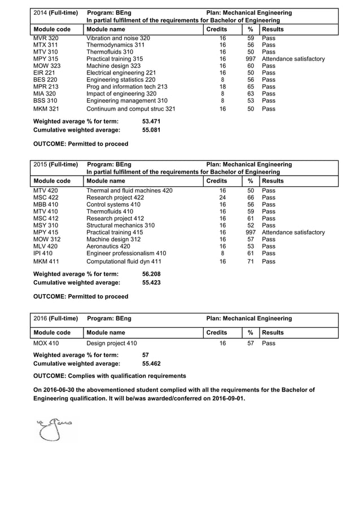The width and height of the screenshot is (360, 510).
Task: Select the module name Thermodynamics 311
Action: coord(115,45)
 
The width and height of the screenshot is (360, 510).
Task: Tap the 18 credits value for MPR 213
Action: coord(222,86)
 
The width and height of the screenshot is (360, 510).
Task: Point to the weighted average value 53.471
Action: coord(151,121)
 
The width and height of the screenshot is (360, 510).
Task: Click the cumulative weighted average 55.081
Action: coord(151,130)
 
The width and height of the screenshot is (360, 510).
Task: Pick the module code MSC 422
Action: coord(45,198)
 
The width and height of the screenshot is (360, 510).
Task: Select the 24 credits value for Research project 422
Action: coord(222,198)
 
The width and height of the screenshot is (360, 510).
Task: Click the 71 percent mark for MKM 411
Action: coord(251,261)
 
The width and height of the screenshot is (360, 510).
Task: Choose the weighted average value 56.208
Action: coord(151,274)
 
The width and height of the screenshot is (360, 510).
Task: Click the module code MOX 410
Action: coord(46,343)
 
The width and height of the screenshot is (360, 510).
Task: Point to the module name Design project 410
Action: coord(111,343)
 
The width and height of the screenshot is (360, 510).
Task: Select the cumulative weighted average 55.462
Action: coord(151,364)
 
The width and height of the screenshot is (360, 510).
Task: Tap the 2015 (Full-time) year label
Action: coord(55,164)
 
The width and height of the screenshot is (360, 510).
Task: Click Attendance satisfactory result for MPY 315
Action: coord(293,59)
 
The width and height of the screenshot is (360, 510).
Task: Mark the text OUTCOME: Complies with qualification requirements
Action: coord(110,376)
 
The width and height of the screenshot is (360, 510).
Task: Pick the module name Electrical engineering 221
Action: coord(121,73)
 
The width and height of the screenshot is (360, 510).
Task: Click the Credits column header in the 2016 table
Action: coord(217,333)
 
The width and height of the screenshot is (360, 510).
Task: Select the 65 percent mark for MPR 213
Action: coord(251,86)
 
